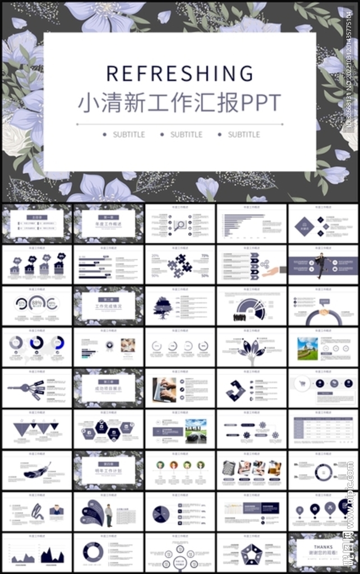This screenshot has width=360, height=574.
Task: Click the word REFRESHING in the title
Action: [179, 73]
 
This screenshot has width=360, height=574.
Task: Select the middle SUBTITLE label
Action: [186, 135]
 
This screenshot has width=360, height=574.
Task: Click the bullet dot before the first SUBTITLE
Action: [105, 135]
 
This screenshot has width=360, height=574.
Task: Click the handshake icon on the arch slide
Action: [324, 312]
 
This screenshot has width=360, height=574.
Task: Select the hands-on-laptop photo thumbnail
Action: [164, 388]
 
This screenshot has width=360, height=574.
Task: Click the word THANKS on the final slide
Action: [323, 547]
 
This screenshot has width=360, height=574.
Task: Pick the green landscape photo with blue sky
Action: [307, 348]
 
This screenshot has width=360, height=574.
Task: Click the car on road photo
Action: [196, 430]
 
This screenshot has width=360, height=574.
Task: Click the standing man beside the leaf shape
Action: [109, 515]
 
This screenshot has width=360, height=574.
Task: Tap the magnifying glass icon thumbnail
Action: [180, 225]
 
